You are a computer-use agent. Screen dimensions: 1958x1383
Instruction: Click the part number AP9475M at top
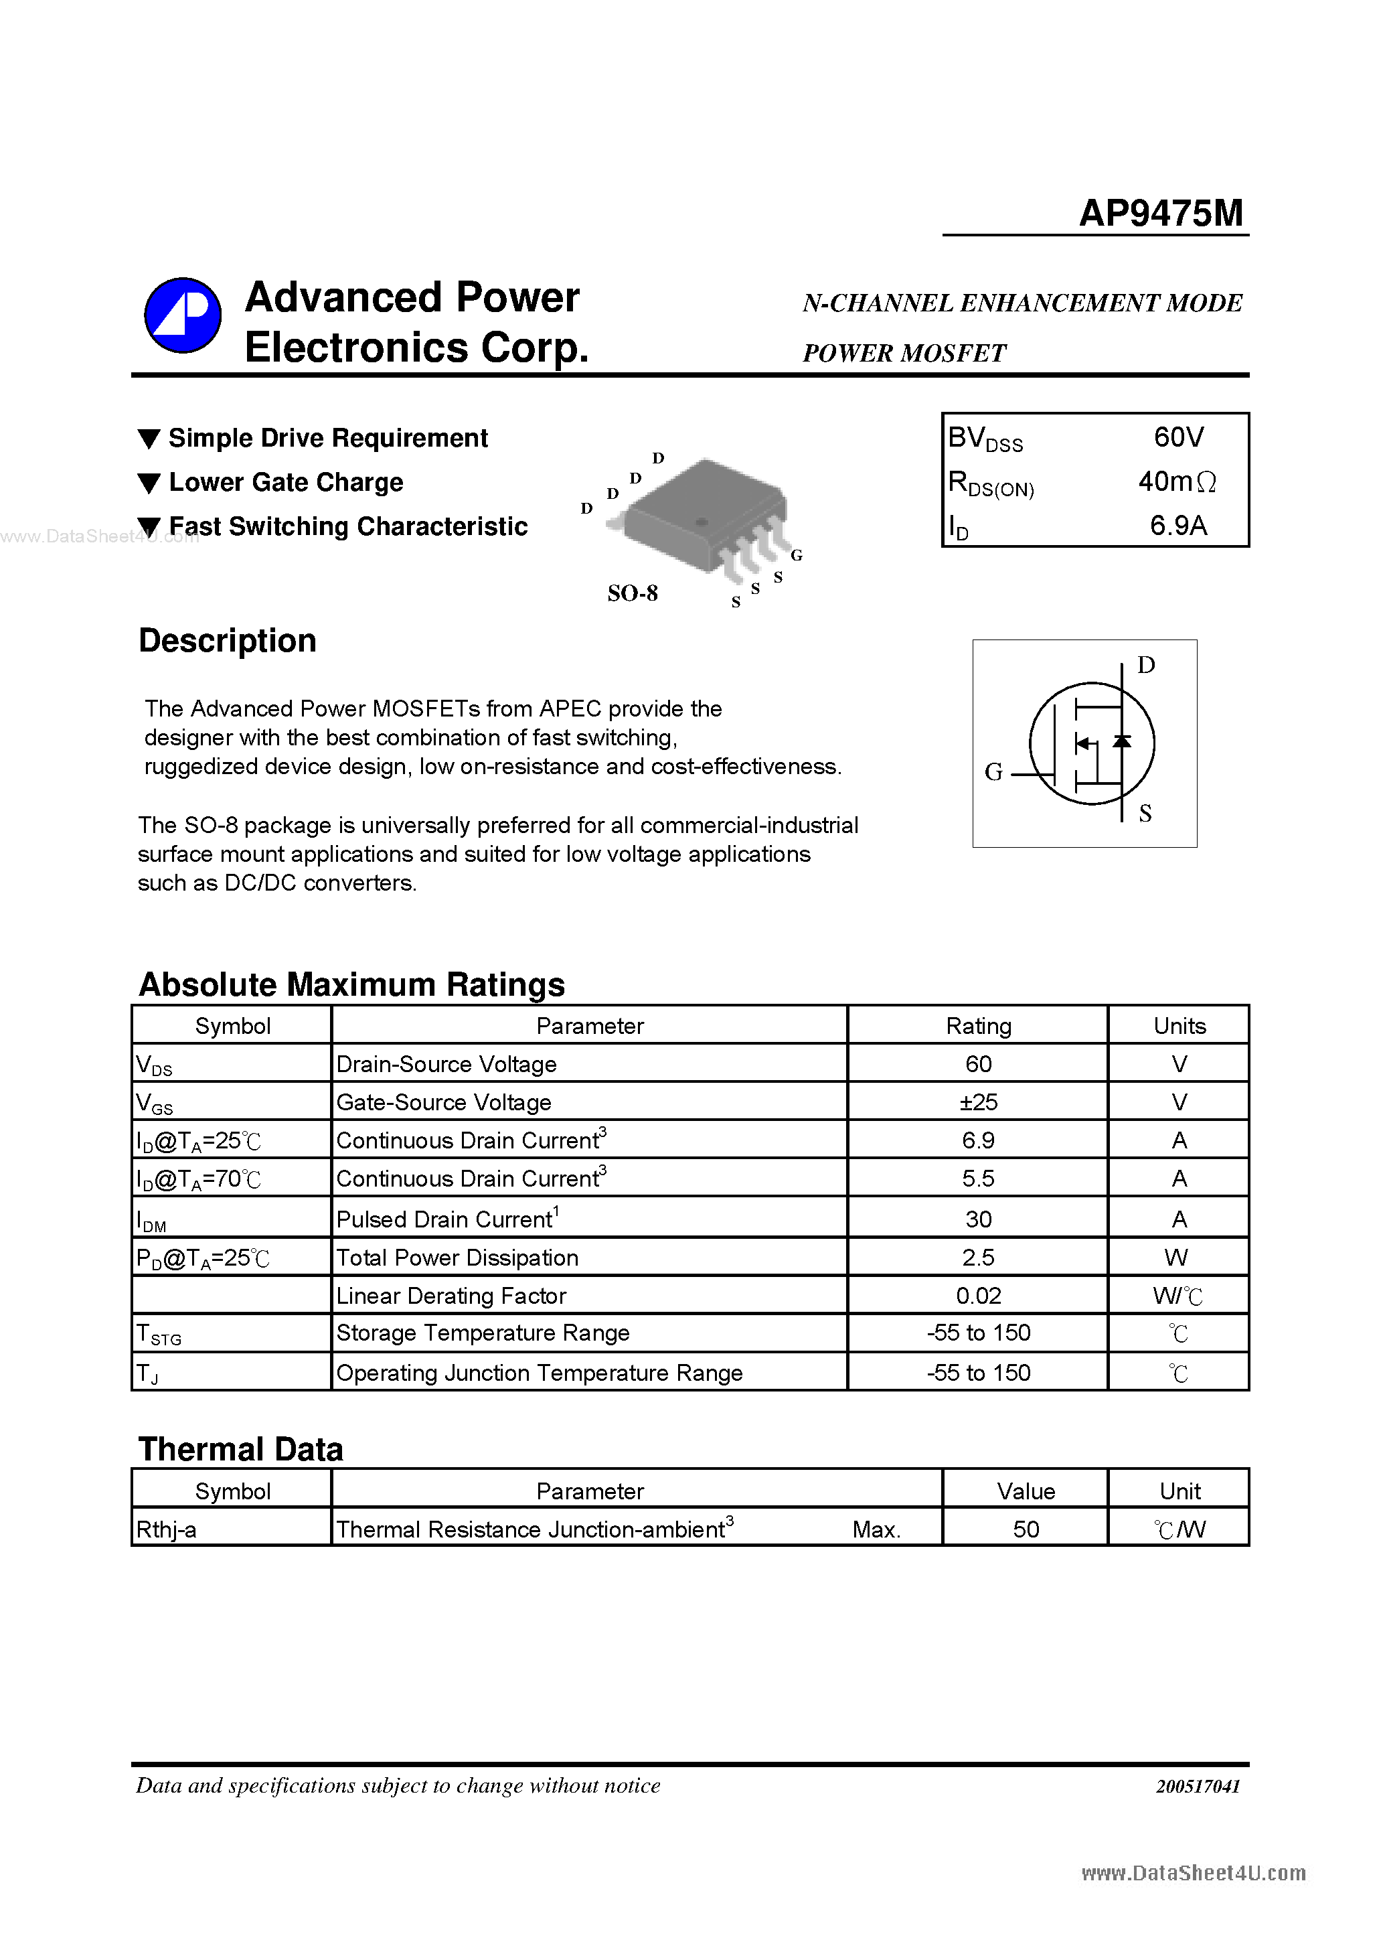pos(1161,212)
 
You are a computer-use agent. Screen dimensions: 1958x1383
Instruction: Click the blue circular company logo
pos(183,315)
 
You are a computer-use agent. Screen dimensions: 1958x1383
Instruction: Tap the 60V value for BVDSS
pos(1178,437)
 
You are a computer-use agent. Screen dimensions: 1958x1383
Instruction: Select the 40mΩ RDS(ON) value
pos(1177,482)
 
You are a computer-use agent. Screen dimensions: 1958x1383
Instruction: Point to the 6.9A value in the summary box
pos(1178,525)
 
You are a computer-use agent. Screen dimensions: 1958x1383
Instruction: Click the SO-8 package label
pos(632,593)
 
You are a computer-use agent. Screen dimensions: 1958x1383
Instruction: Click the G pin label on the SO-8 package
pos(797,555)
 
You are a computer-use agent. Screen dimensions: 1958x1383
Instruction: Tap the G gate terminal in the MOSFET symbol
pos(993,772)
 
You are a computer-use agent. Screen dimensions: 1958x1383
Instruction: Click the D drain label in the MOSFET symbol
pos(1146,664)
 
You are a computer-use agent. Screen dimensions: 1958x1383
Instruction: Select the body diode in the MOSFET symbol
pos(1122,742)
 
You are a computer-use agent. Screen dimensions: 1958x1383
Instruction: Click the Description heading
pos(227,640)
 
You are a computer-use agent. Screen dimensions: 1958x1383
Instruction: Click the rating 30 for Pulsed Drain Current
pos(978,1219)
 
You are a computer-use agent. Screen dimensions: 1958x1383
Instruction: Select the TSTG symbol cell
pos(159,1334)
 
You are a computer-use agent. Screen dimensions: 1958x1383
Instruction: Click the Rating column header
pos(978,1026)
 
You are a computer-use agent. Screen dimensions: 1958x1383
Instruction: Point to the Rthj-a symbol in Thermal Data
pos(166,1530)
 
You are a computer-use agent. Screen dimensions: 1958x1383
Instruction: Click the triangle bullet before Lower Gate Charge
pos(149,483)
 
